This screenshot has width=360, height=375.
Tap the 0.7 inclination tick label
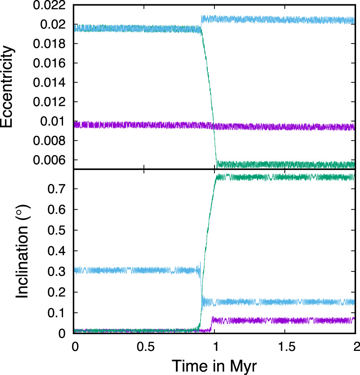(x=58, y=189)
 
